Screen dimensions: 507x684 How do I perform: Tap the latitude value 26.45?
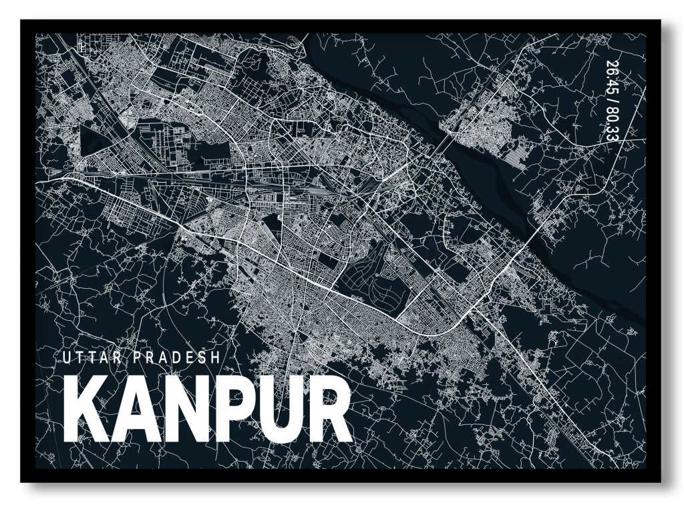(611, 76)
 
